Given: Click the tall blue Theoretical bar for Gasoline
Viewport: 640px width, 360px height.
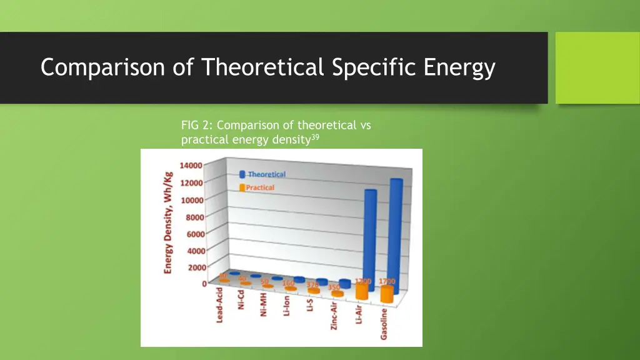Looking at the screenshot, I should pos(396,231).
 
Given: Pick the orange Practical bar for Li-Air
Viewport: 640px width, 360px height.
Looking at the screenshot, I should pos(362,291).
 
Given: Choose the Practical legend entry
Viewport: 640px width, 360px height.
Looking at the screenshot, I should pos(259,187).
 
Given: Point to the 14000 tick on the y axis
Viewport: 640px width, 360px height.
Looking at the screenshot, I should pos(190,166).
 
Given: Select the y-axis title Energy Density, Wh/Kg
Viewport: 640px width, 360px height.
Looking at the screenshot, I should pos(169,222).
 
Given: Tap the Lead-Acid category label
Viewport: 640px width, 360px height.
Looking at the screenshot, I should pos(220,304).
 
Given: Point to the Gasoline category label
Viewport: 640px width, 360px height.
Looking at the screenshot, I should pos(384,323).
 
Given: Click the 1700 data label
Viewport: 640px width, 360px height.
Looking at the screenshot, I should pos(387,282).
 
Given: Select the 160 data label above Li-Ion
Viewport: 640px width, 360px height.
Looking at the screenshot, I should pos(287,284).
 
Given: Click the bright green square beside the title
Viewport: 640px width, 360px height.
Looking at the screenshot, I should pos(597,67).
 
